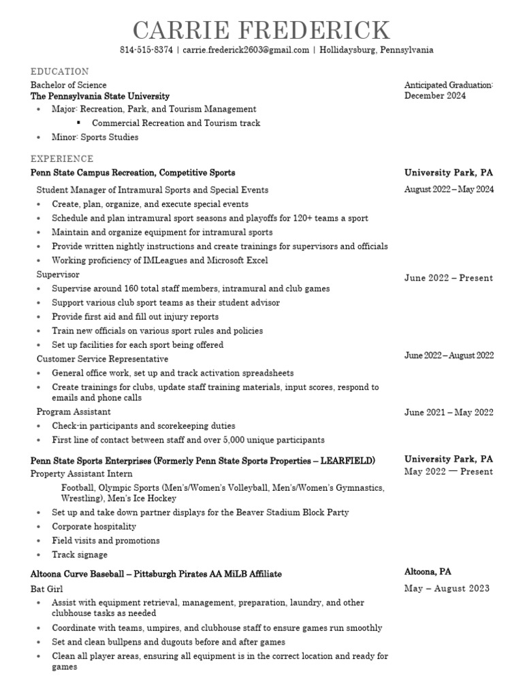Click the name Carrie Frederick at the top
click(x=261, y=31)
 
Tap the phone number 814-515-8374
click(x=146, y=50)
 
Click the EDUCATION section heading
click(x=59, y=71)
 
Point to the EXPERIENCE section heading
click(x=61, y=159)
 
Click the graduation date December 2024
click(x=435, y=96)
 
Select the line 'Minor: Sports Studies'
click(x=95, y=137)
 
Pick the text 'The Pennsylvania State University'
click(x=100, y=97)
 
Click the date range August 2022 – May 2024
click(x=449, y=190)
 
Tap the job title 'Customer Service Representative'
click(x=102, y=359)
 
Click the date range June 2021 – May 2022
click(x=449, y=412)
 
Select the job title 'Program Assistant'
click(x=74, y=412)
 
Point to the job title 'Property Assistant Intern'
click(x=82, y=474)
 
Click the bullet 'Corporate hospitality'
click(x=94, y=527)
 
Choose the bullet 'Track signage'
click(x=80, y=555)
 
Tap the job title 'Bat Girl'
click(x=47, y=589)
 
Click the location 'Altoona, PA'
click(x=428, y=572)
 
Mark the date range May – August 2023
click(x=447, y=589)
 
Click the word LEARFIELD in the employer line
click(x=349, y=461)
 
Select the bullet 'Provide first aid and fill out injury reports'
click(x=135, y=317)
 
